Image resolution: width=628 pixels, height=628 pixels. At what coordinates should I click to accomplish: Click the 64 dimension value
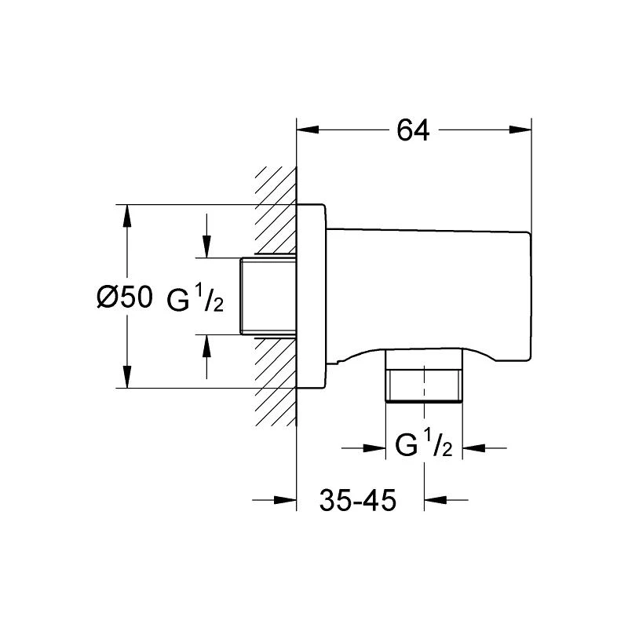coord(413,130)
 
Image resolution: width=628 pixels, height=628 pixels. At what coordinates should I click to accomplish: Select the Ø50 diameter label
coord(125,297)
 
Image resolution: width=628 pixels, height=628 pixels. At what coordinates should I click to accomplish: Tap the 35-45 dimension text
coord(358,500)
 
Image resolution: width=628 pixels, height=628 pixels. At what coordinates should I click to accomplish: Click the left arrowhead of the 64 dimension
coord(308,130)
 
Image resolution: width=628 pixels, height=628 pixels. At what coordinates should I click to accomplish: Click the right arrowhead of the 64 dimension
coord(520,130)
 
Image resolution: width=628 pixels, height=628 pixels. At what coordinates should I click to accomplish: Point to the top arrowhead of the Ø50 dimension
coord(127,216)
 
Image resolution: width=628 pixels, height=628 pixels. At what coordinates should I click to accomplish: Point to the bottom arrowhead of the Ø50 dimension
coord(127,377)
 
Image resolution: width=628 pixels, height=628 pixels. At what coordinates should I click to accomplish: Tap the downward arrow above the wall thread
coord(206,236)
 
